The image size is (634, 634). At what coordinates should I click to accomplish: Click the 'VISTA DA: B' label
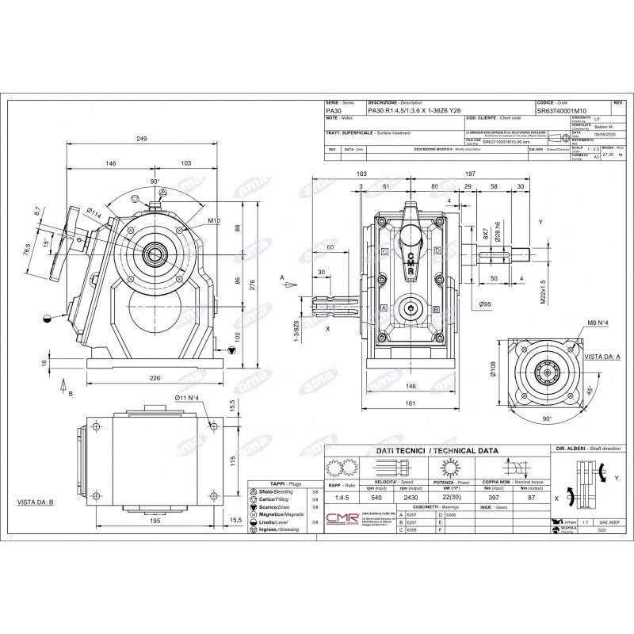(35, 502)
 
